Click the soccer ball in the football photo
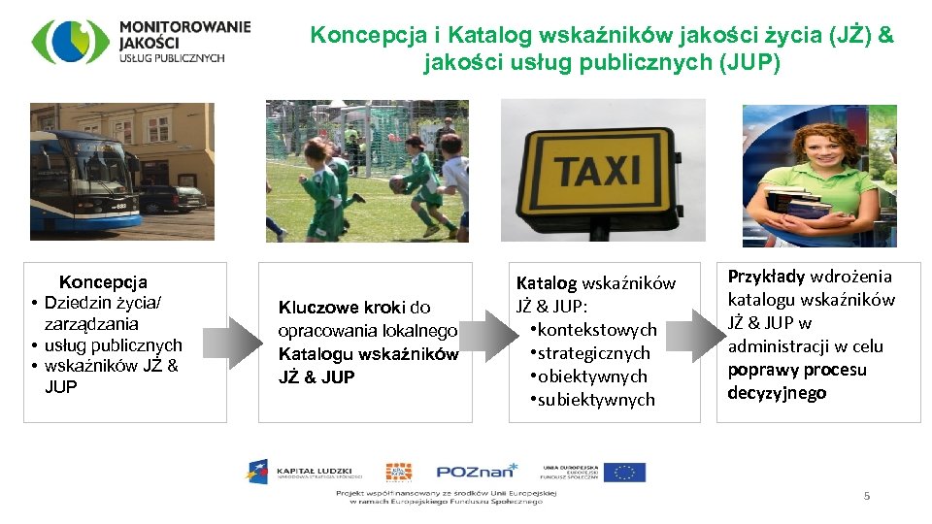tap(399, 183)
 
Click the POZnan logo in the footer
tap(477, 472)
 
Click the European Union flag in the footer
tap(623, 473)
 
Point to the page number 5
tap(867, 496)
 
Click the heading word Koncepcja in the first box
tap(103, 282)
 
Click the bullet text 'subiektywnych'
tap(596, 400)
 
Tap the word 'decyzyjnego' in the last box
tap(777, 393)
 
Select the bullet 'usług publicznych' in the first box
tap(114, 345)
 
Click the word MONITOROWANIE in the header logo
tap(184, 26)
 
